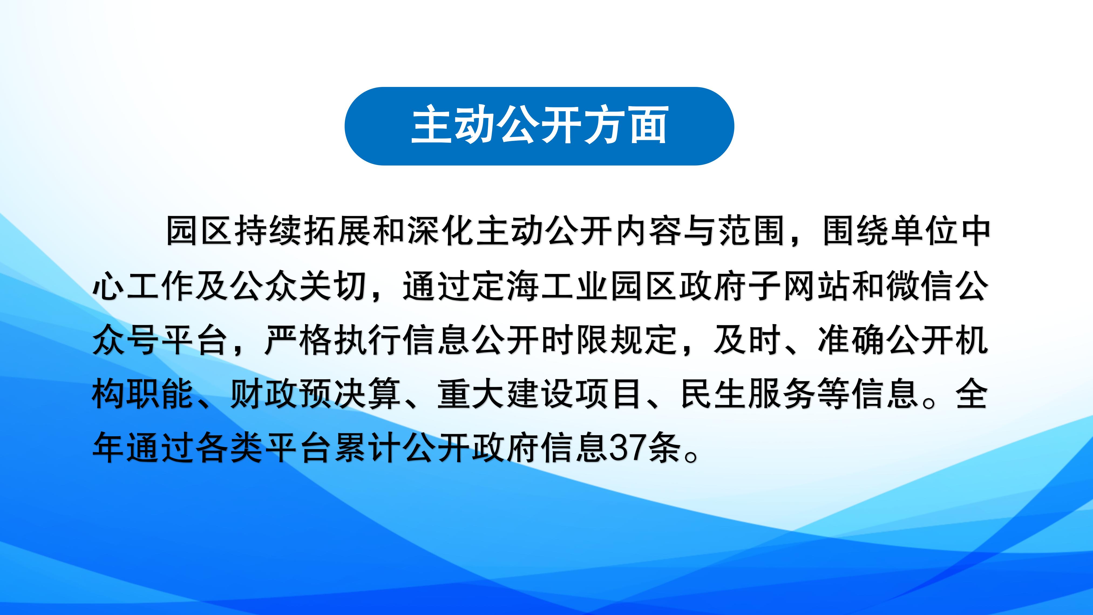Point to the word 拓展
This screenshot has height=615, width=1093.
[x=338, y=232]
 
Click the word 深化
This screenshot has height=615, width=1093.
[x=441, y=232]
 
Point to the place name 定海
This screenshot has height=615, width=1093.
[x=505, y=286]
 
